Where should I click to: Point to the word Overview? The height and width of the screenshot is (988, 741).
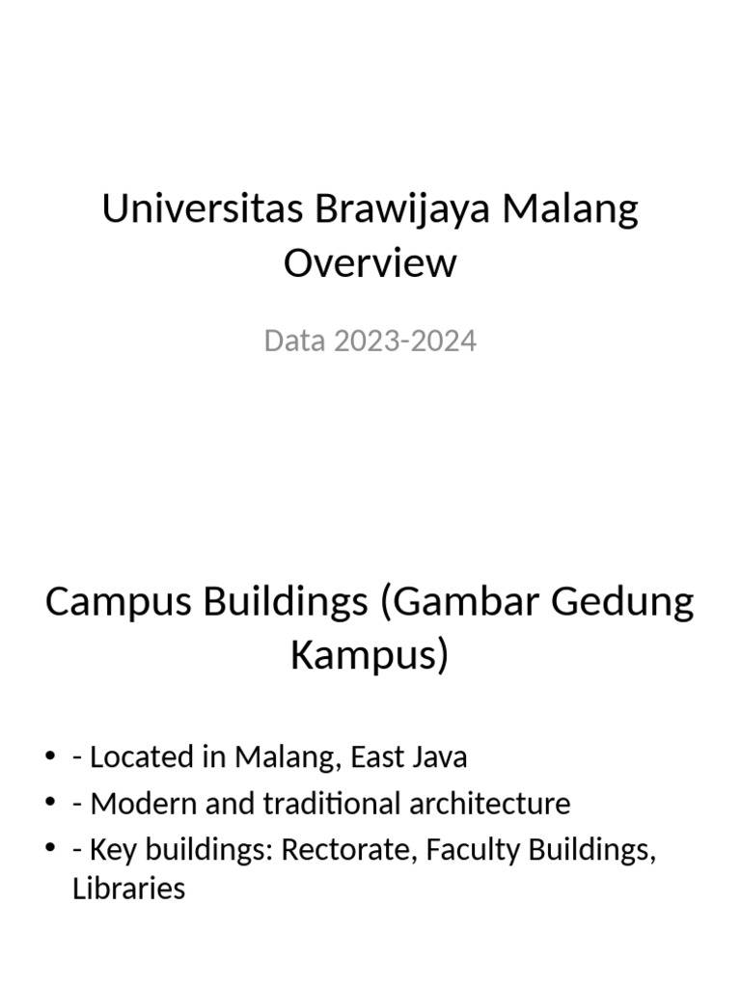[x=370, y=262]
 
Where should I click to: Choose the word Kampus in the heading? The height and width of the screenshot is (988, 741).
[x=369, y=656]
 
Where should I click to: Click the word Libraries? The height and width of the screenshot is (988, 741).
[x=128, y=888]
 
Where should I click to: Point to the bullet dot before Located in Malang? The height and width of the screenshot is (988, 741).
[x=50, y=758]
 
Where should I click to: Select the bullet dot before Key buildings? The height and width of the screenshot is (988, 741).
[x=50, y=851]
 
